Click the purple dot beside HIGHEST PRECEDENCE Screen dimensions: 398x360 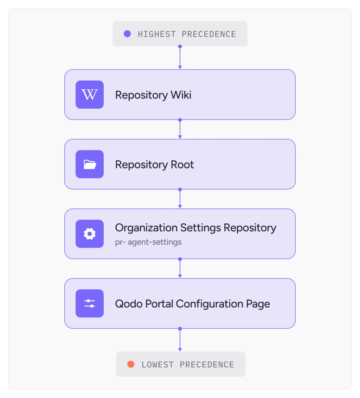tap(127, 34)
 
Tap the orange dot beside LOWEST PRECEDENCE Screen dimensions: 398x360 tap(131, 364)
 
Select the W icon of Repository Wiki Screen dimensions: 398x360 tap(90, 95)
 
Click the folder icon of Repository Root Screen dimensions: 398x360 tap(90, 164)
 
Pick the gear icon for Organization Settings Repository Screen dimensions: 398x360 tap(90, 234)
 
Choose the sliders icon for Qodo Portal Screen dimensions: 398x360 tap(90, 303)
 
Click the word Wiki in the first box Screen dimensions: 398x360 tap(181, 95)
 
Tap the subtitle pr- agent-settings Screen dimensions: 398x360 tap(148, 242)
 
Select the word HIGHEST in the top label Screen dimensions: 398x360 tap(157, 34)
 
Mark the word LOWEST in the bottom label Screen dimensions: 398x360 tap(157, 365)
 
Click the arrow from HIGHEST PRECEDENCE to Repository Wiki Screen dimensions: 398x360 tap(180, 58)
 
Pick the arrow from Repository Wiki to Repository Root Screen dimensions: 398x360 tap(180, 129)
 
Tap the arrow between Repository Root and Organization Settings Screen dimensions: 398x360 tap(180, 199)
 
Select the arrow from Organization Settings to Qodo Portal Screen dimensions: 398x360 tap(180, 268)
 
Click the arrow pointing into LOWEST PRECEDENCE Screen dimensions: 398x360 tap(180, 340)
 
